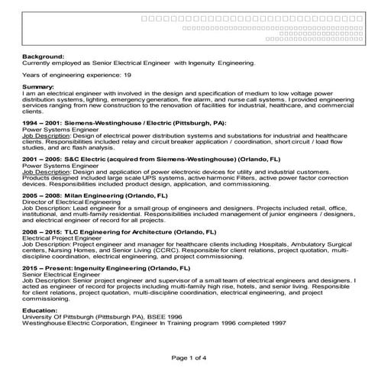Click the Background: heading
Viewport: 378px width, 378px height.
[x=44, y=57]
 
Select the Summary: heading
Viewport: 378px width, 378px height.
[x=40, y=88]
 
